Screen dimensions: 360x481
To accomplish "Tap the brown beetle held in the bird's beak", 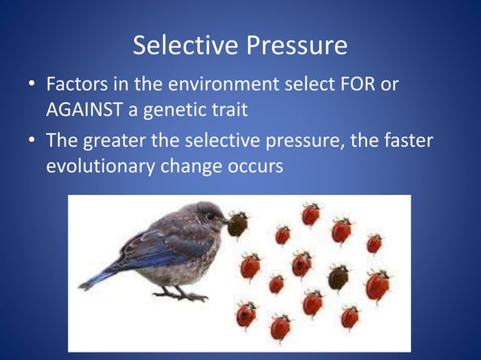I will tap(237, 224).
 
